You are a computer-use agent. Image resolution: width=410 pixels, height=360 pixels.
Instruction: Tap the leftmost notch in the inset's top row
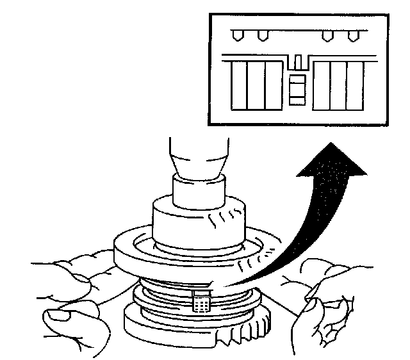tap(237, 35)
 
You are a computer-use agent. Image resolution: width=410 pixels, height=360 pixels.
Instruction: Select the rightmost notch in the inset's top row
tap(350, 35)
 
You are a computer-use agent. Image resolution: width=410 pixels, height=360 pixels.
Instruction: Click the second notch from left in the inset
tap(260, 35)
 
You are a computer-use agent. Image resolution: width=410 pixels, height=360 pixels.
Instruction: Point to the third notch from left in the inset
tap(327, 35)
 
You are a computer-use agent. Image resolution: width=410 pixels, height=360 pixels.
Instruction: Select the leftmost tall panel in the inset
tap(238, 85)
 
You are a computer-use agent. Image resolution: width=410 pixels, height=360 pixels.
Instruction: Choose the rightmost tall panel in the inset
tap(354, 85)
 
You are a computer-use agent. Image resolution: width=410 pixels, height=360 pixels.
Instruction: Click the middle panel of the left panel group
tap(256, 85)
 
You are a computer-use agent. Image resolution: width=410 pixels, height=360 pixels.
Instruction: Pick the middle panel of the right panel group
tap(338, 85)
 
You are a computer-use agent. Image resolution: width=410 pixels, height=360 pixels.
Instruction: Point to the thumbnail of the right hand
tap(315, 300)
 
